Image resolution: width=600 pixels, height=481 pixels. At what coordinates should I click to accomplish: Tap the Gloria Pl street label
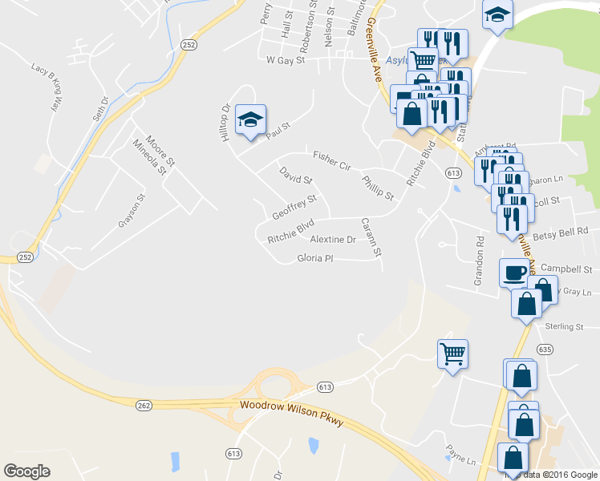coord(314,258)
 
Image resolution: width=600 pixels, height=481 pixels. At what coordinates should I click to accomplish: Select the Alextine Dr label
coord(333,240)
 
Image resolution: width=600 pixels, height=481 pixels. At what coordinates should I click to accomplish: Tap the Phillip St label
coord(377,188)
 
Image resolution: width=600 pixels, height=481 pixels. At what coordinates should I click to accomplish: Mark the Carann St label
coord(370,238)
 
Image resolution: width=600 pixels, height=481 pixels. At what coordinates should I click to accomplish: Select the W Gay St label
coord(286,60)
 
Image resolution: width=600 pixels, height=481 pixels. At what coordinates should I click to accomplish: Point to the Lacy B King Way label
coord(47,86)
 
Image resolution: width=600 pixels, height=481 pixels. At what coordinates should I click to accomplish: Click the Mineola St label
coord(150,157)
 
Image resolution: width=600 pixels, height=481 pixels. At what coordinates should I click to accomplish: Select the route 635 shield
coord(545,349)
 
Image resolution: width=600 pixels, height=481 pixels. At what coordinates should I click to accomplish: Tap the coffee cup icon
coord(513,273)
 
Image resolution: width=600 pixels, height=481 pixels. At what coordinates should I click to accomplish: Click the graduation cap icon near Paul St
coord(250,120)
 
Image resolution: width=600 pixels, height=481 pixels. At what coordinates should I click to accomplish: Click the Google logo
coord(27,471)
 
